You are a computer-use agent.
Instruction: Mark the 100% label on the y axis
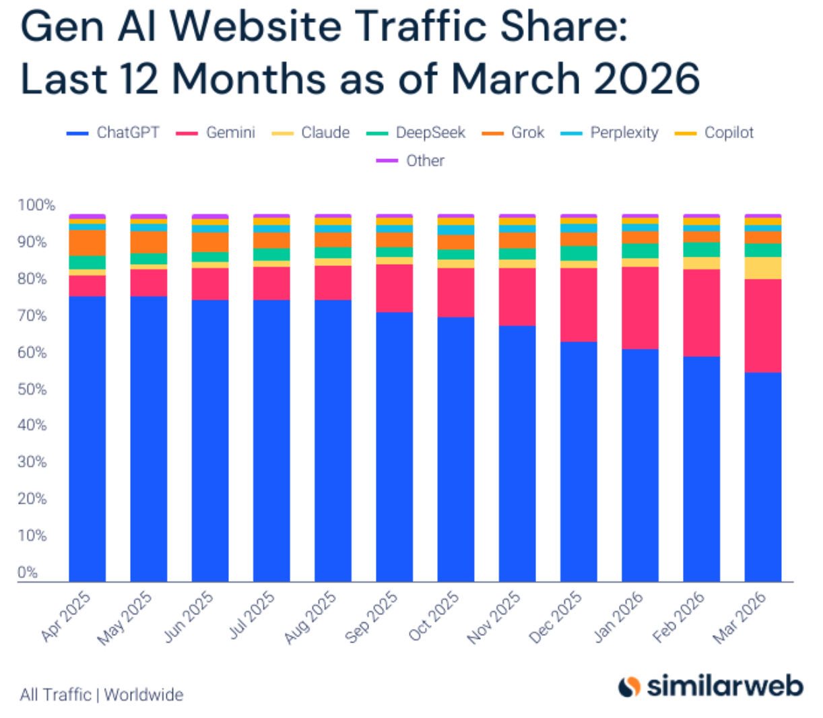[x=36, y=205]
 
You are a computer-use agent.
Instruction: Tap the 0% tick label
[x=28, y=573]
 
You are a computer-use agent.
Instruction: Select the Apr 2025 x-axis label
[x=66, y=616]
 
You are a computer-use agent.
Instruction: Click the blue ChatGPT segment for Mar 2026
[x=762, y=477]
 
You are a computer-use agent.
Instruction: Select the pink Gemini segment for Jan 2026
[x=640, y=308]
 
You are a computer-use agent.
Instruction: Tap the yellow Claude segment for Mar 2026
[x=762, y=268]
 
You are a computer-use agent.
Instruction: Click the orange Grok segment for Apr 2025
[x=87, y=242]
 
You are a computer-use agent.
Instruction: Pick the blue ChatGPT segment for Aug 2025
[x=333, y=440]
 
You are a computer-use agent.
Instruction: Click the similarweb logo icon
[x=629, y=686]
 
